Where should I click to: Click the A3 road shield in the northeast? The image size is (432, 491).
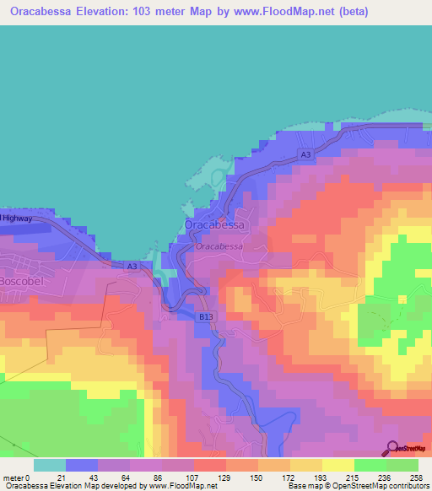pyautogui.click(x=305, y=154)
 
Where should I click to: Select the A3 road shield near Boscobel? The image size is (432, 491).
pyautogui.click(x=132, y=267)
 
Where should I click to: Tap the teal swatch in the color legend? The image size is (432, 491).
pyautogui.click(x=49, y=464)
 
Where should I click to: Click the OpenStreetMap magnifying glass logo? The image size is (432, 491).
pyautogui.click(x=393, y=448)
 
